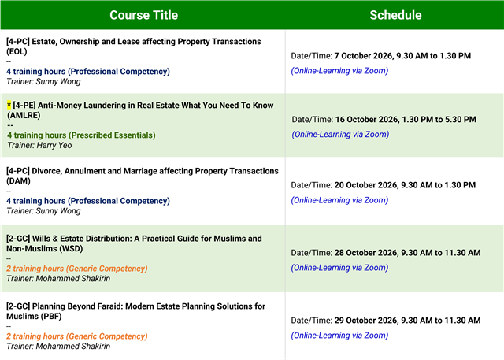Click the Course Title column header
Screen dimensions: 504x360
[x=143, y=15]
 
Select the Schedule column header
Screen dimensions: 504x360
[x=395, y=15]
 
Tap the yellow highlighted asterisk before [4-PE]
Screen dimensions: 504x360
[x=9, y=105]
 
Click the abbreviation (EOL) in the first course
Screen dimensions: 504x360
[x=17, y=51]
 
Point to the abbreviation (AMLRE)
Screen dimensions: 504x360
[x=24, y=115]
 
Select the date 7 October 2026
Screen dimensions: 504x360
[x=363, y=56]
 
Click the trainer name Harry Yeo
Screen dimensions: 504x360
[x=54, y=145]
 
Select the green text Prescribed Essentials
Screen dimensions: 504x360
[x=113, y=135]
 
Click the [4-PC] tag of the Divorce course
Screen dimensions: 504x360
[x=17, y=171]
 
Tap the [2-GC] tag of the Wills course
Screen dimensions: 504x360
[x=18, y=239]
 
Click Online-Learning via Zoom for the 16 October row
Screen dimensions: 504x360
[x=340, y=134]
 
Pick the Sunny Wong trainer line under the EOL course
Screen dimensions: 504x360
[x=43, y=81]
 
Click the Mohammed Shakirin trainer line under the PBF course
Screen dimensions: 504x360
[x=58, y=346]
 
